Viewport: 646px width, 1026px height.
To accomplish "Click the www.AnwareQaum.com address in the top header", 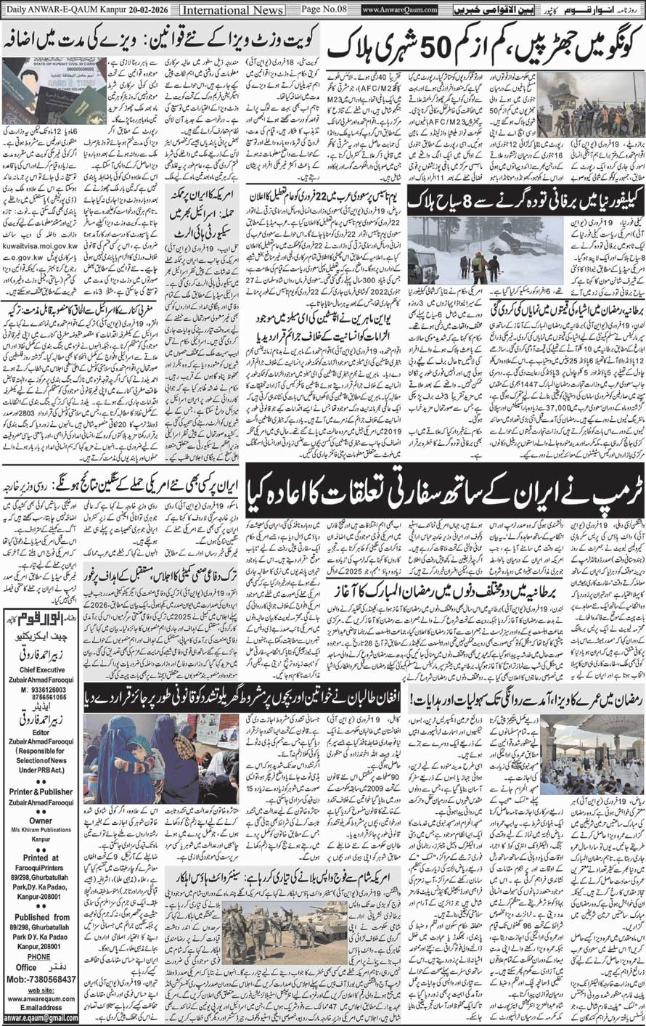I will (399, 10).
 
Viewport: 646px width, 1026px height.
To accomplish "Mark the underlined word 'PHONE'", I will (39, 939).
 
